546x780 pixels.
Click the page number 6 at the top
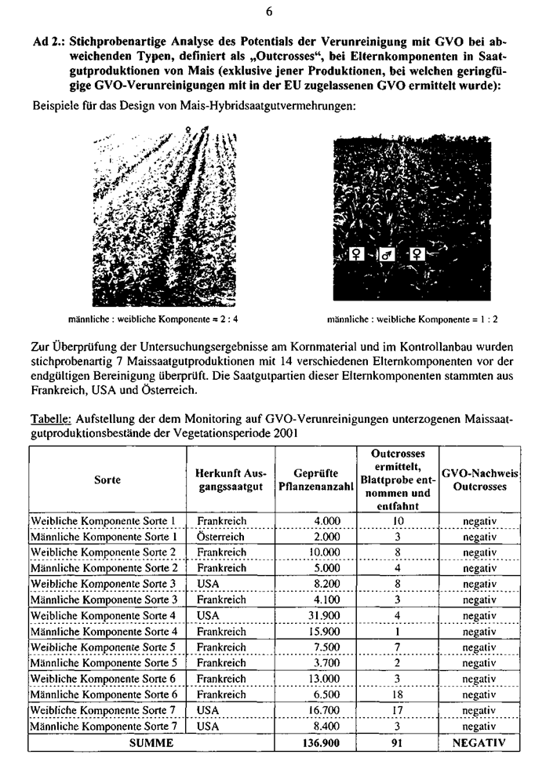tap(270, 11)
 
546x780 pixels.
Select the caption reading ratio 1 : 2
tap(412, 319)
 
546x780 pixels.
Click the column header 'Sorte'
tap(107, 480)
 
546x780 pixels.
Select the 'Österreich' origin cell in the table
tap(220, 537)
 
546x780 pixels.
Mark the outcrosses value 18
tap(397, 694)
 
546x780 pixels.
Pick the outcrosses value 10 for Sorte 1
tap(397, 520)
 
